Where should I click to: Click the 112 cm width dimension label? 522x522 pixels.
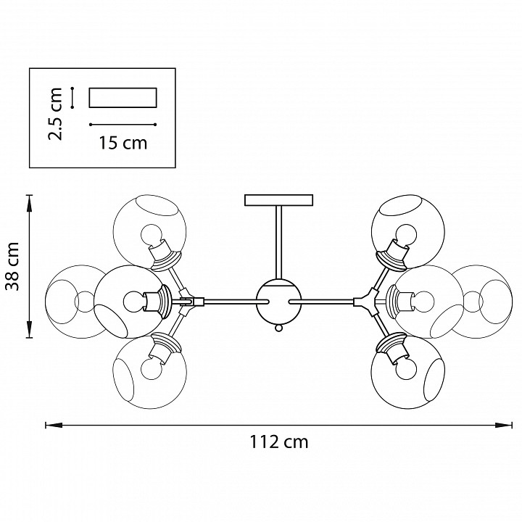coord(279,442)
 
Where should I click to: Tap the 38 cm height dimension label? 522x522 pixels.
coord(13,266)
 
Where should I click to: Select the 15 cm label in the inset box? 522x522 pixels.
coord(123,143)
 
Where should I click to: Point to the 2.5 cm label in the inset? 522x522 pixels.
coord(60,113)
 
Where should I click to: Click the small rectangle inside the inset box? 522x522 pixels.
coord(123,97)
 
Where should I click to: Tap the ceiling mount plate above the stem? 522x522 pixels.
coord(280,199)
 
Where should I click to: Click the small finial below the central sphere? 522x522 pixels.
coord(279,328)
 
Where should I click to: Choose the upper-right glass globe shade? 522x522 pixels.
coord(406,231)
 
